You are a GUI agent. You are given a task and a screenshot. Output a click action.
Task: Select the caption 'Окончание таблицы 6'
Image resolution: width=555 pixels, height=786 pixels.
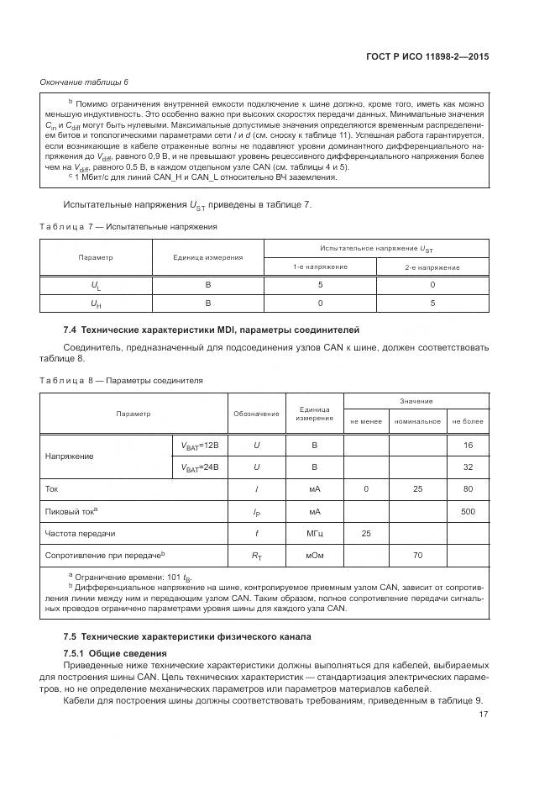tap(84, 82)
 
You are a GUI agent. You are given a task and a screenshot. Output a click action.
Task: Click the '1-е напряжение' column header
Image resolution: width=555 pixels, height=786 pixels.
tap(320, 267)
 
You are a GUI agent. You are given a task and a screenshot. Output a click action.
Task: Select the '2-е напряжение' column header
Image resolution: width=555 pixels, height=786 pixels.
tap(432, 267)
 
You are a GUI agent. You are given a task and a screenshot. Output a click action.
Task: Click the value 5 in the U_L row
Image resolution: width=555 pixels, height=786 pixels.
tap(320, 285)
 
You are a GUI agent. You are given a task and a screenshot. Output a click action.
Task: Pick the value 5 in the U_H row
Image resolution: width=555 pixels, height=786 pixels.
tap(432, 303)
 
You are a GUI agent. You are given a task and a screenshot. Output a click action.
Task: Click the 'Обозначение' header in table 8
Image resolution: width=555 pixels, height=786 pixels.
tap(256, 414)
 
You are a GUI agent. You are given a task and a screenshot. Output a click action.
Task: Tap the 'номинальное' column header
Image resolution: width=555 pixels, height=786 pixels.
tap(417, 421)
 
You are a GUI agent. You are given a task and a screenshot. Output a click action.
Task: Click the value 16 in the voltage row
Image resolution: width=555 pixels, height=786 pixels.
tap(468, 445)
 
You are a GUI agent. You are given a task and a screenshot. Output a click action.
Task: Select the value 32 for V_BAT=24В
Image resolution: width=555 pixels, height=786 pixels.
tap(468, 467)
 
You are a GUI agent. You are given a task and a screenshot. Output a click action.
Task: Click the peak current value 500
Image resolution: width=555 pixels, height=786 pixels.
tap(468, 511)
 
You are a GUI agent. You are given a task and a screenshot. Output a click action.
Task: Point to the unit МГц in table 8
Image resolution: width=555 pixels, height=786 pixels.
tap(315, 533)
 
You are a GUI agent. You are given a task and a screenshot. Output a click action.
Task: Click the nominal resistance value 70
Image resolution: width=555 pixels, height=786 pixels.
tap(417, 555)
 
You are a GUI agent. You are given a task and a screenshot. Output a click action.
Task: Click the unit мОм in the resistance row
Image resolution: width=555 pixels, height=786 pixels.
tap(315, 555)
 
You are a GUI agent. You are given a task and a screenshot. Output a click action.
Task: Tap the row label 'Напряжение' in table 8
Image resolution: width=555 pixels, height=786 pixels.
tap(69, 456)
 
